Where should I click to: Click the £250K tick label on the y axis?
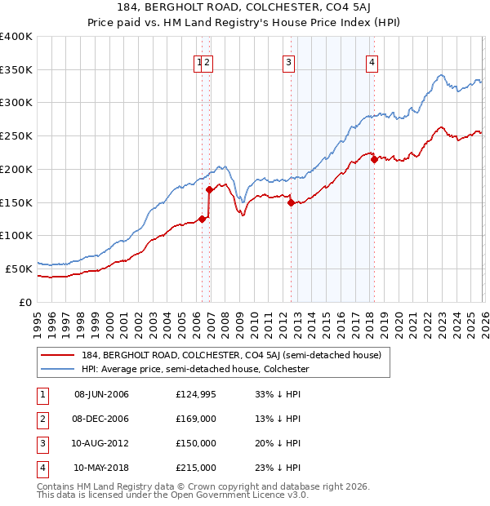pyautogui.click(x=16, y=135)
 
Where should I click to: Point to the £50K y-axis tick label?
pyautogui.click(x=19, y=268)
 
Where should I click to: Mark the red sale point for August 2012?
pyautogui.click(x=291, y=203)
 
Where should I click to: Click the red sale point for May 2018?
pyautogui.click(x=374, y=160)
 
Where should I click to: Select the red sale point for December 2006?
pyautogui.click(x=210, y=190)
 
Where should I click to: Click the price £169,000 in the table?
pyautogui.click(x=196, y=419)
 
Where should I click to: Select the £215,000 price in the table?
pyautogui.click(x=196, y=468)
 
